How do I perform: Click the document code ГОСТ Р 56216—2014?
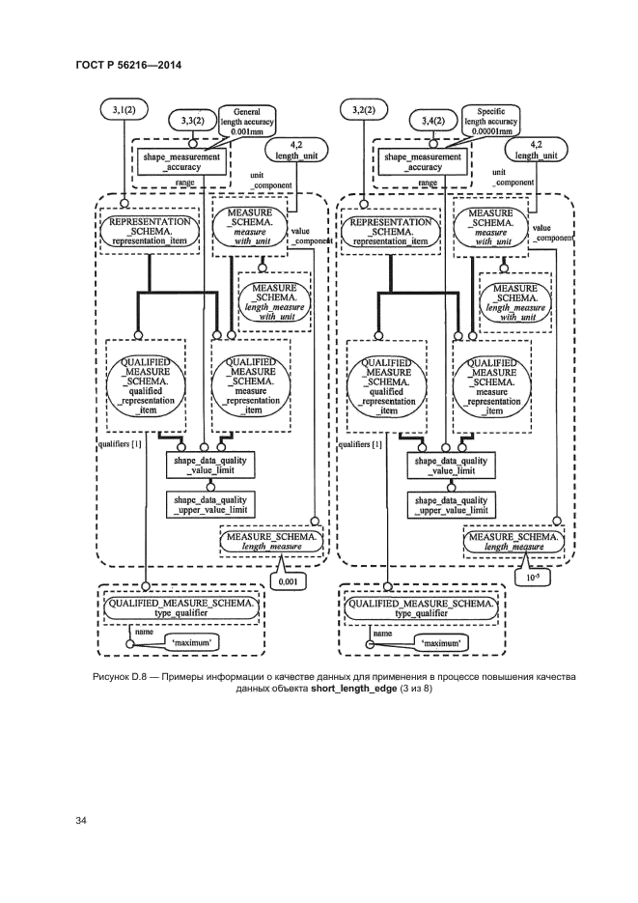point(128,65)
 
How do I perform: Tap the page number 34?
point(82,821)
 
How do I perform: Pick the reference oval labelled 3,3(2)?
point(192,121)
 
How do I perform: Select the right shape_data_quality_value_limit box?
point(453,466)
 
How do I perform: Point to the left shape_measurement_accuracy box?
point(182,161)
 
